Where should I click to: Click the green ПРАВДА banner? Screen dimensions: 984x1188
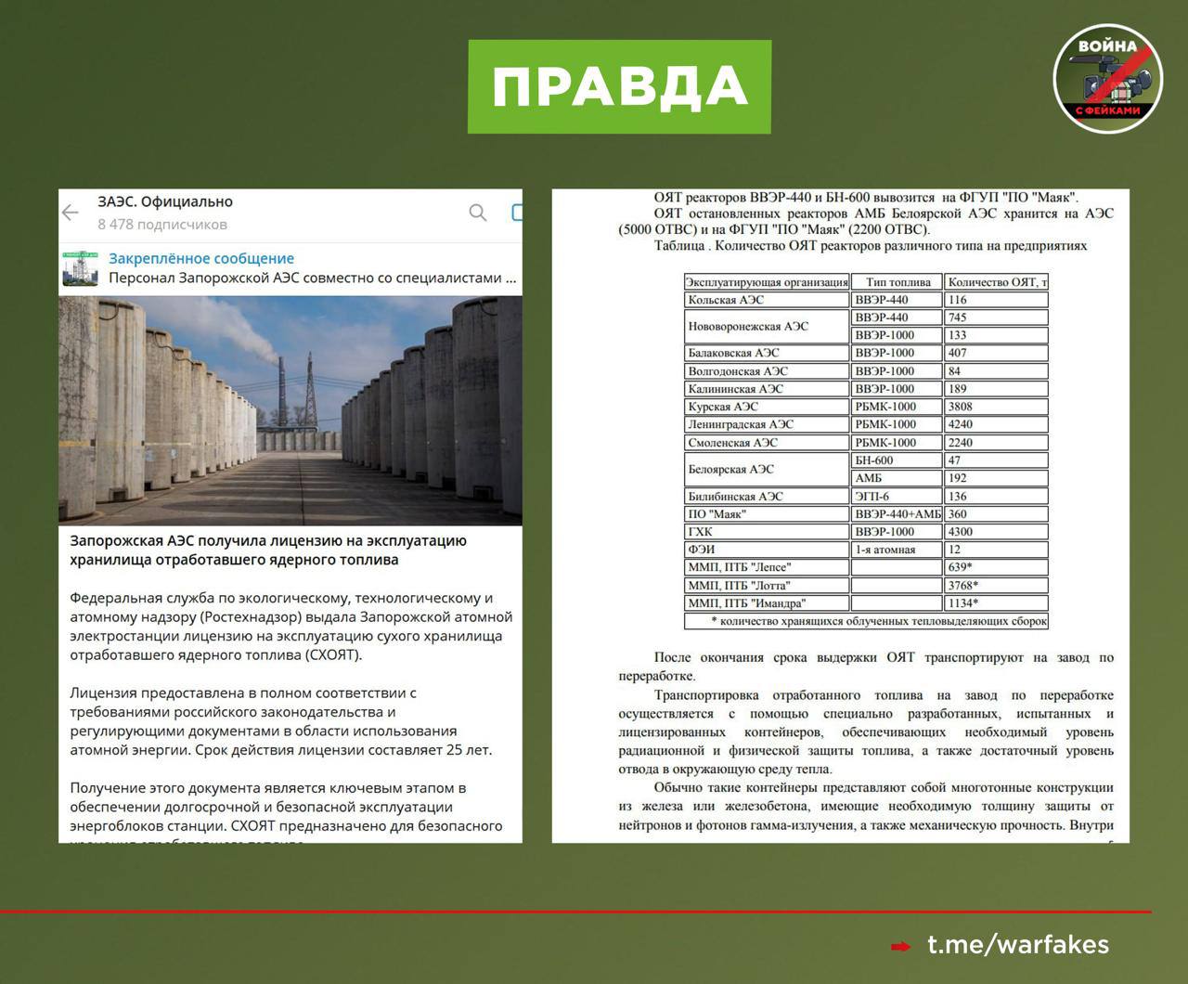[x=619, y=86]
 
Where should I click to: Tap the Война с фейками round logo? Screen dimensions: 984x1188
[x=1107, y=79]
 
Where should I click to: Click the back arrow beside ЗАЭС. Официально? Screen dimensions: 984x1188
[x=71, y=213]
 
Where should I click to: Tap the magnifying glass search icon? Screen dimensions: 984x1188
[x=478, y=213]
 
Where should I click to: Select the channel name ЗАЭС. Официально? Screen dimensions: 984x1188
[x=165, y=201]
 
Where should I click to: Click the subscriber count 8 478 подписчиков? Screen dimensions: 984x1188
[x=162, y=225]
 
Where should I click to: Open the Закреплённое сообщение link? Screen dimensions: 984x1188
[x=201, y=259]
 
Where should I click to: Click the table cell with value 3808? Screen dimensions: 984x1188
[x=961, y=407]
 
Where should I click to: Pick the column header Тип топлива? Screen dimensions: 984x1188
[x=897, y=282]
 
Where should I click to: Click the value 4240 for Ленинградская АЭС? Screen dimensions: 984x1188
[x=961, y=424]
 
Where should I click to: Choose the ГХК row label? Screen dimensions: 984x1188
[x=701, y=532]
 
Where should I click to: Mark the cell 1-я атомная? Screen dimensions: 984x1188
[x=885, y=550]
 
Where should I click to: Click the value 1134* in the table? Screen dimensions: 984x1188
[x=963, y=603]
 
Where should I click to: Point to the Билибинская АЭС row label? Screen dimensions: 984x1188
[x=735, y=497]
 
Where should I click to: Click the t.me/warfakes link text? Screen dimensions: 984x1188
[x=1018, y=945]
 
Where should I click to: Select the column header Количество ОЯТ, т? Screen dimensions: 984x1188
[x=997, y=282]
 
